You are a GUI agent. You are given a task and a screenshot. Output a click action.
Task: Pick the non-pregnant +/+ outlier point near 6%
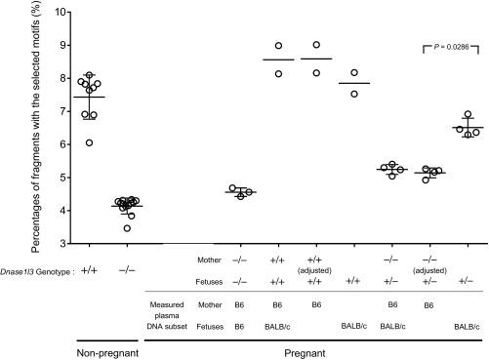point(90,142)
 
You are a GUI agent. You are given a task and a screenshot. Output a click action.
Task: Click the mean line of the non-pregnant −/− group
point(128,206)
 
